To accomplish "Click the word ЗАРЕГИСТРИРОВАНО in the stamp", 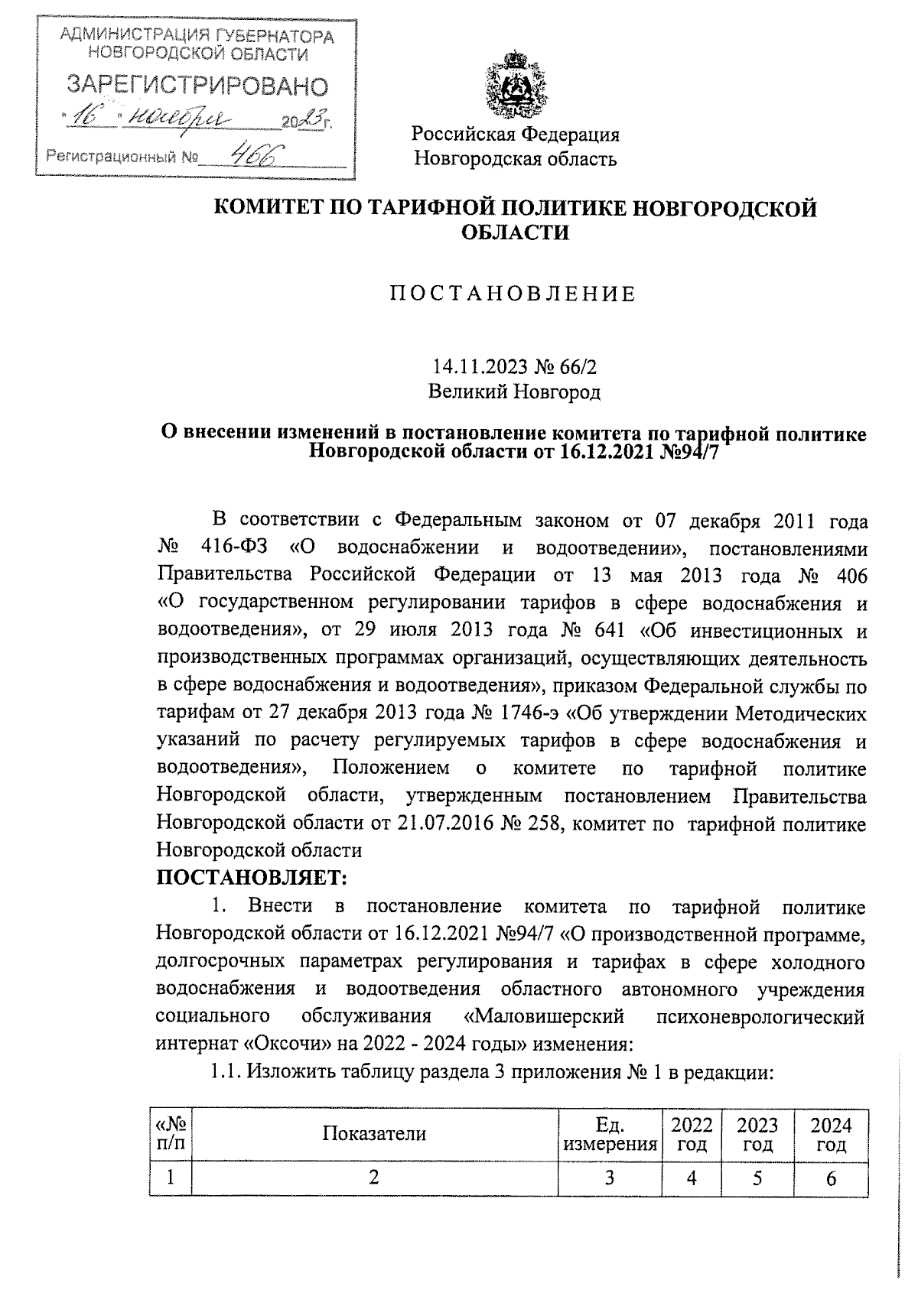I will [197, 85].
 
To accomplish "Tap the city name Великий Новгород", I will [514, 392].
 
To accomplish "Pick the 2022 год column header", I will [692, 1134].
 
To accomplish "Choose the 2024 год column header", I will [831, 1134].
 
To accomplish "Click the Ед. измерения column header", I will [610, 1134].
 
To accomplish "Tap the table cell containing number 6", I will [831, 1178].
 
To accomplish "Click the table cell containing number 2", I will [374, 1178].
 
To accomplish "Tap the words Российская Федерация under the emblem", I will [516, 135].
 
